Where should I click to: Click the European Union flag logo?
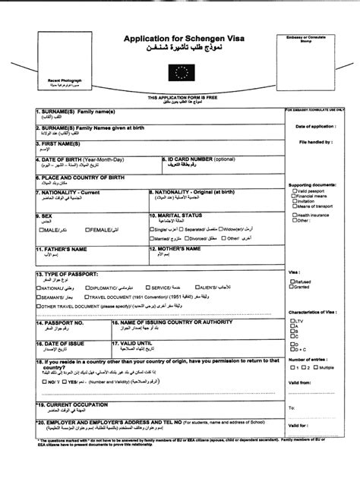pos(180,74)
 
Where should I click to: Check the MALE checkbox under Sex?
pos(41,229)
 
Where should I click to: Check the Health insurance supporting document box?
pos(293,215)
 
